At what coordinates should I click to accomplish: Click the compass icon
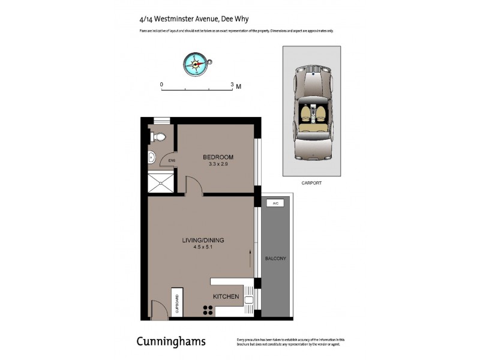(196, 63)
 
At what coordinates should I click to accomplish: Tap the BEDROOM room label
(218, 157)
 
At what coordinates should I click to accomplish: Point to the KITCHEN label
(226, 296)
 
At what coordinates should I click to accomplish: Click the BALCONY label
(275, 259)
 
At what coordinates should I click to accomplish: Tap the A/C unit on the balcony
(275, 204)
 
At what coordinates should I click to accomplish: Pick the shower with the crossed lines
(161, 181)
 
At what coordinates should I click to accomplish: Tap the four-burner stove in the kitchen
(208, 310)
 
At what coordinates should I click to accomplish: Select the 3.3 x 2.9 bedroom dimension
(218, 164)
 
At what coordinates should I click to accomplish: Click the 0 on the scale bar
(161, 85)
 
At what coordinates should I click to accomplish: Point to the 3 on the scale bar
(232, 85)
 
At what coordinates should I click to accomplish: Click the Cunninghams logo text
(171, 341)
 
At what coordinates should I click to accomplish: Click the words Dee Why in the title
(238, 19)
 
